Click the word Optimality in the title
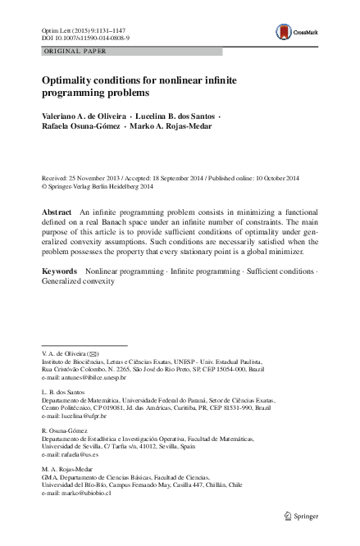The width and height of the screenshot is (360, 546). (x=70, y=81)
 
